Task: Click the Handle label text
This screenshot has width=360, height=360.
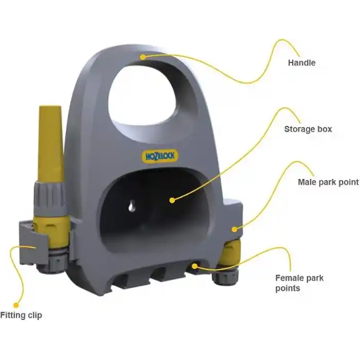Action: [302, 63]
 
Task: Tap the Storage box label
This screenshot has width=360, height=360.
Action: [308, 129]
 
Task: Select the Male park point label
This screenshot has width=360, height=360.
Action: [328, 182]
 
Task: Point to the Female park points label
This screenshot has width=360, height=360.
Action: [299, 283]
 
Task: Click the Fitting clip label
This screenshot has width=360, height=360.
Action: [21, 315]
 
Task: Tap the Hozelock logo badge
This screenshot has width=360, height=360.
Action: [160, 156]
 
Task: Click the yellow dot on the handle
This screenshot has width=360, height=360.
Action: [143, 57]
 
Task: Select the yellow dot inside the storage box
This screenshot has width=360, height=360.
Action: [172, 200]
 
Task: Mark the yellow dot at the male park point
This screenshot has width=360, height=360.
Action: [234, 229]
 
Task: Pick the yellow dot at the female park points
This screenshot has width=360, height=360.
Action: [195, 266]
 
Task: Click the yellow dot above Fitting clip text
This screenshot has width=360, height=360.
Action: [16, 305]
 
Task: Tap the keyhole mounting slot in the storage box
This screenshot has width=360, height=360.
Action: [132, 206]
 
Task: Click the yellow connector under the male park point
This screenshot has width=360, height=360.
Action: [230, 252]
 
